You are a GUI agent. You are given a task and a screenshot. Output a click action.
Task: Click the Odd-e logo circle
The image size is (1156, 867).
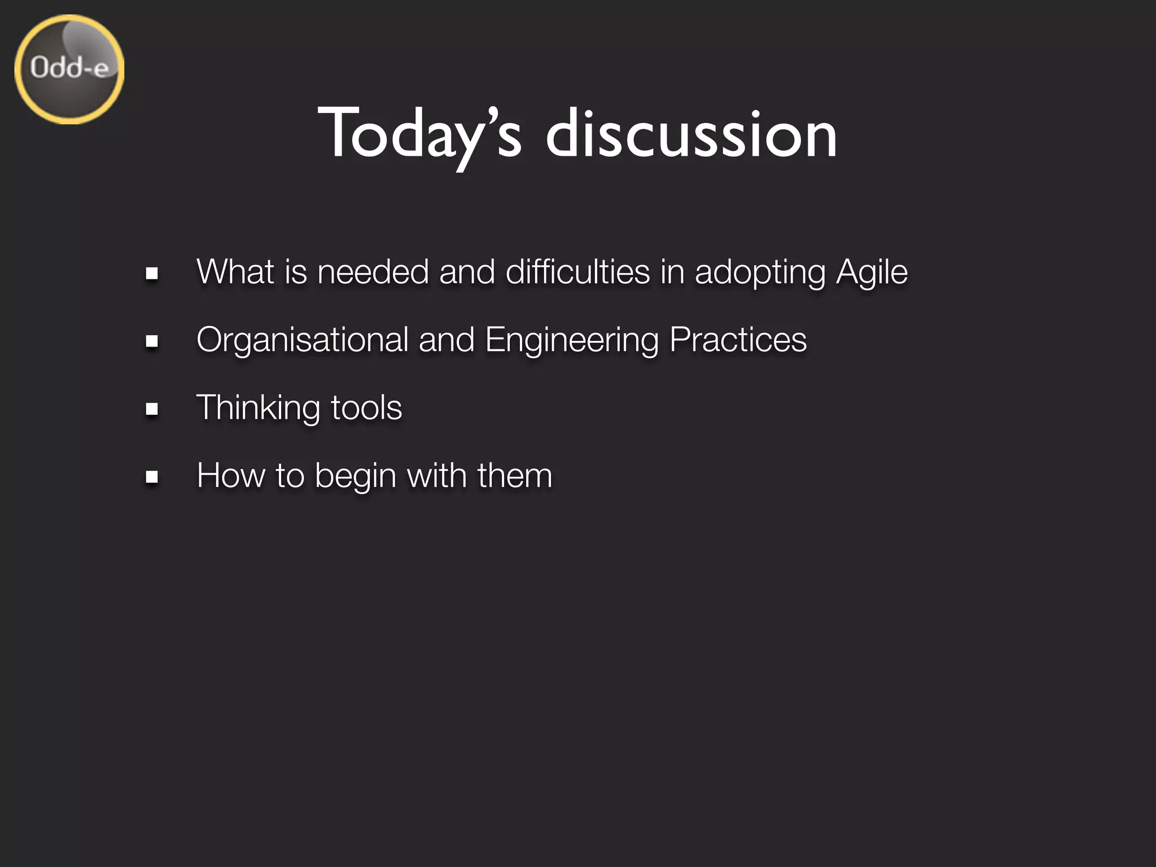pos(69,69)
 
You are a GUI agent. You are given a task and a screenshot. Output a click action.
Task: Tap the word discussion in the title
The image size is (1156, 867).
pos(691,134)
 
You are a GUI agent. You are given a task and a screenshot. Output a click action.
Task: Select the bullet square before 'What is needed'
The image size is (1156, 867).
pos(151,274)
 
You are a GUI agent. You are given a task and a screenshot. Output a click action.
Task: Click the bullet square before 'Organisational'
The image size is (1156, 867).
pos(151,341)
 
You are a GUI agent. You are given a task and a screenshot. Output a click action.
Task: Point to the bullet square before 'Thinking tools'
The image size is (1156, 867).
pos(151,409)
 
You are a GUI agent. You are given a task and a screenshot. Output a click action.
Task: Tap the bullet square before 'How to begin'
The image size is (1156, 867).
pos(151,477)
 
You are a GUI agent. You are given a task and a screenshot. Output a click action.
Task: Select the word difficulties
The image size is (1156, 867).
pos(577,272)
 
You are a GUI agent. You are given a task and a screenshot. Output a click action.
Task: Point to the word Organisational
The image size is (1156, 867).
pos(302,340)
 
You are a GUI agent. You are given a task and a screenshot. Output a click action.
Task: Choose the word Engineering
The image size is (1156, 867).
pos(572,340)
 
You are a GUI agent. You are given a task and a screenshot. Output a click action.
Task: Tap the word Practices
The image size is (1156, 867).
pos(738,340)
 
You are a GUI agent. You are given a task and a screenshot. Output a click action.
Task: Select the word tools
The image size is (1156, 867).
pos(366,408)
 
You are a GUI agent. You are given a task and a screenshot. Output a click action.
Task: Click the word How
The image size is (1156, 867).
pos(230,475)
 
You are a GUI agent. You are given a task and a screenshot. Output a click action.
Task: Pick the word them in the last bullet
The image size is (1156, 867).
pos(514,475)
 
